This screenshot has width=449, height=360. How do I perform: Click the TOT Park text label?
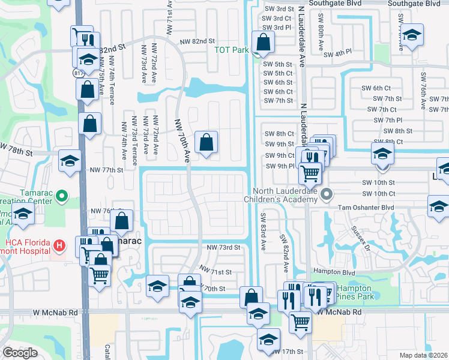point(232,50)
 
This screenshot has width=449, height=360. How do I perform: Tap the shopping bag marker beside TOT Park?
point(263,43)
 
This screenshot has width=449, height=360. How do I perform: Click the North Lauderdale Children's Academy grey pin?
point(327,194)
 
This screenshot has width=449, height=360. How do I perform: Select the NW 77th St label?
point(107,170)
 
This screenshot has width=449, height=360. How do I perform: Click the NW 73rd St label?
point(223,247)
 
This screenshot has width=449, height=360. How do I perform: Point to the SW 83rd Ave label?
point(262,231)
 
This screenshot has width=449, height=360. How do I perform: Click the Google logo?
point(20,353)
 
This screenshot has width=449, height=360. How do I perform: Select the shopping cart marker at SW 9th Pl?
point(310,172)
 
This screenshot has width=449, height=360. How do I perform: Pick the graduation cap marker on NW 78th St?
point(69,161)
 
